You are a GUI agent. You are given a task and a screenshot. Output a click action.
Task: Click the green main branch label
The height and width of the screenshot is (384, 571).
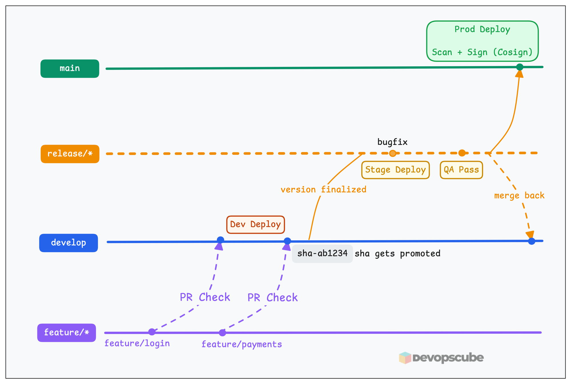[70, 69]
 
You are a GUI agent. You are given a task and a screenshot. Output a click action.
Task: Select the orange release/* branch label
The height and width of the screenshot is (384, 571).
[70, 154]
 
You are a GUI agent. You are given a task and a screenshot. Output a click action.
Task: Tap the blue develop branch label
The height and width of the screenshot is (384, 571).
[69, 243]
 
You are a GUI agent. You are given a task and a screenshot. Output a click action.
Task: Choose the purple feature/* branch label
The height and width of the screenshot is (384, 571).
[67, 333]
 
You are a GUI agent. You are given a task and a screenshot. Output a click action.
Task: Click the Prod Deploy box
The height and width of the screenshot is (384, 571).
[482, 41]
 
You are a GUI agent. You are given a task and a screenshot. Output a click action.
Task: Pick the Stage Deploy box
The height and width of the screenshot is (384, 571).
[395, 170]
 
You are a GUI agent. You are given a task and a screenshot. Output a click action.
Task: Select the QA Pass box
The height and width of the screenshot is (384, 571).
[461, 170]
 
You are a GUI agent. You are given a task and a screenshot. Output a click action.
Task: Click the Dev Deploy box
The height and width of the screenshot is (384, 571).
[256, 224]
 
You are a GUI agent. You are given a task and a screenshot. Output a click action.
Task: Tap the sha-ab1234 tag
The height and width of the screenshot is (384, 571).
[322, 253]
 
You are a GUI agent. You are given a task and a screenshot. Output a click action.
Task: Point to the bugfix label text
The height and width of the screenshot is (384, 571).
[392, 142]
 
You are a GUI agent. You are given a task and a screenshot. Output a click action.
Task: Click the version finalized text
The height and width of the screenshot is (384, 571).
[323, 190]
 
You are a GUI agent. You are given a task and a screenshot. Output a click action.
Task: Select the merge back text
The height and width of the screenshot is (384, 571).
[519, 196]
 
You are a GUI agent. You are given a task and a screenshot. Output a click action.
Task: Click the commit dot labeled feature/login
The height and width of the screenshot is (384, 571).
[152, 332]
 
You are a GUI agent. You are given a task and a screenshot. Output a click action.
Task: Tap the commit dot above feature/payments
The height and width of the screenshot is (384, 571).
[222, 333]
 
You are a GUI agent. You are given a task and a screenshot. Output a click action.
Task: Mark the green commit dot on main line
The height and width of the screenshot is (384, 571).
[520, 67]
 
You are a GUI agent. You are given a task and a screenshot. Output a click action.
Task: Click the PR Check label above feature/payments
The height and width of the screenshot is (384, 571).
[272, 298]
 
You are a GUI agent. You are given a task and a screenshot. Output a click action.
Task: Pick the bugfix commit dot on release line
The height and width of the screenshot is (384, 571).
[393, 153]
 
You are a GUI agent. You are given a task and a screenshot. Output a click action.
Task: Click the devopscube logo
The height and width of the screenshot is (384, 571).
[441, 358]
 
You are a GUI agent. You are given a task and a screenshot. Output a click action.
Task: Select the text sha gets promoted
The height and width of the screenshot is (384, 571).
[397, 253]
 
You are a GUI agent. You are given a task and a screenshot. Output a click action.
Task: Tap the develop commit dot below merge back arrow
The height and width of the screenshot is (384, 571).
[531, 241]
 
